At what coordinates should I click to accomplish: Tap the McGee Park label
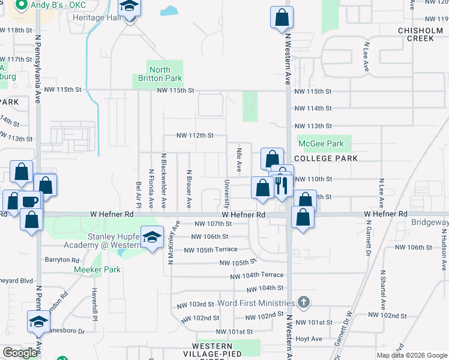pyautogui.click(x=321, y=144)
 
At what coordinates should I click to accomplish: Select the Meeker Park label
pyautogui.click(x=97, y=269)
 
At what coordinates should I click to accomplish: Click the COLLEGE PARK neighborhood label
pyautogui.click(x=327, y=158)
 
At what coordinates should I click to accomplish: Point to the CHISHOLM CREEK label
pyautogui.click(x=415, y=34)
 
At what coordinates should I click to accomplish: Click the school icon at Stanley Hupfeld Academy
pyautogui.click(x=152, y=236)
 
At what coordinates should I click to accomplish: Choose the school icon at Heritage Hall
pyautogui.click(x=129, y=8)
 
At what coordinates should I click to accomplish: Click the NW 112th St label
pyautogui.click(x=194, y=136)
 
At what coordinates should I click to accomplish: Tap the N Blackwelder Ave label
pyautogui.click(x=163, y=179)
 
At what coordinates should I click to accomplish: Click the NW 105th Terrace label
pyautogui.click(x=211, y=250)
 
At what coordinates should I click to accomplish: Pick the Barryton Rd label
pyautogui.click(x=62, y=260)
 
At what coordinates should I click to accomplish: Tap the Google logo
pyautogui.click(x=20, y=353)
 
